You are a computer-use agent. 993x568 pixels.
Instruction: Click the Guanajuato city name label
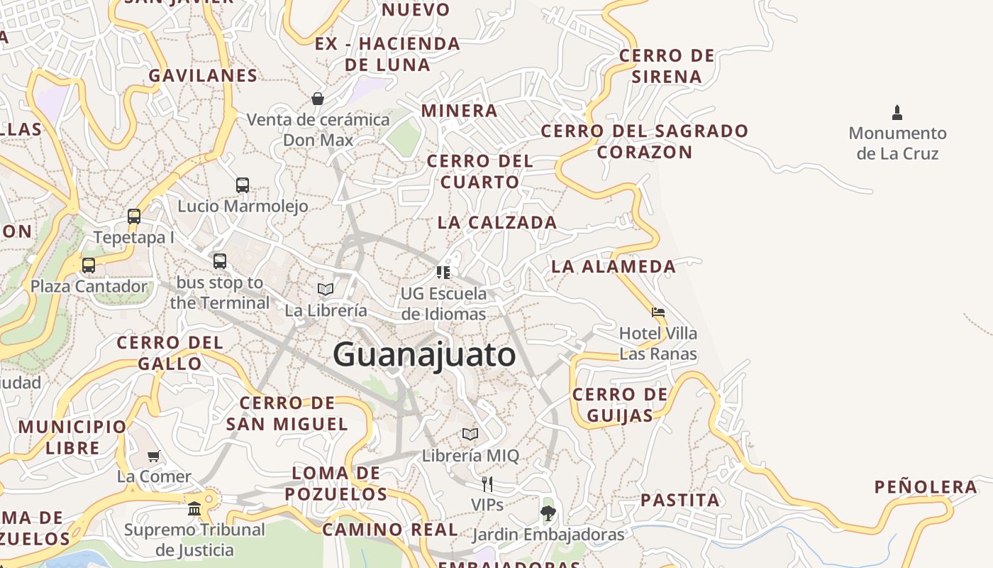(424, 354)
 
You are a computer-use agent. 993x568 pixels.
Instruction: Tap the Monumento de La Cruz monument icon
(897, 112)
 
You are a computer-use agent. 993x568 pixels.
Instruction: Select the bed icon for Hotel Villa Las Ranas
(658, 312)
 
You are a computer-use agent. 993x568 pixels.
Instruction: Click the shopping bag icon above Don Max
(318, 99)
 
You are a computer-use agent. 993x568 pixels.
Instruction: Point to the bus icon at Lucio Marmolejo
(243, 185)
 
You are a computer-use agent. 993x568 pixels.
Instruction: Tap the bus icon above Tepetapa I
(134, 217)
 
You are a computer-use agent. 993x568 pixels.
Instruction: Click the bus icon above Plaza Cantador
(89, 266)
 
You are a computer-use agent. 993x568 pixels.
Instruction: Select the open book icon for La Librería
(326, 289)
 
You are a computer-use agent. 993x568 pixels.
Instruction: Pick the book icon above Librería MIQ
(470, 434)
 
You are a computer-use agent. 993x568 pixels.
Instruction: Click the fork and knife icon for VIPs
(487, 484)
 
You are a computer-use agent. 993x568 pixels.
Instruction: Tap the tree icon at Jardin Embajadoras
(548, 513)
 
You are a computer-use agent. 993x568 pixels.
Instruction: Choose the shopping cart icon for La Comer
(154, 456)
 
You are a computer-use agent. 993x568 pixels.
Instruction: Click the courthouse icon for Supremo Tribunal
(194, 508)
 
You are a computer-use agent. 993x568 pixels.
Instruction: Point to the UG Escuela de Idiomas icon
(443, 272)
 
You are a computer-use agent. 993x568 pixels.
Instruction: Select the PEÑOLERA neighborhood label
(926, 487)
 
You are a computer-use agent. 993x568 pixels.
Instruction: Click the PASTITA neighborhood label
(680, 500)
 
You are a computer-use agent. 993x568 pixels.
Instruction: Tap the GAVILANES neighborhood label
(203, 75)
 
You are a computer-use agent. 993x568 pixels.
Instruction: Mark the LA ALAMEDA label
(614, 266)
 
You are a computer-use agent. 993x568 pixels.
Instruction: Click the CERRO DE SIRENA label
(667, 66)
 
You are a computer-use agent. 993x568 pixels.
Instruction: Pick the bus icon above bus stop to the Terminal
(220, 261)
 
